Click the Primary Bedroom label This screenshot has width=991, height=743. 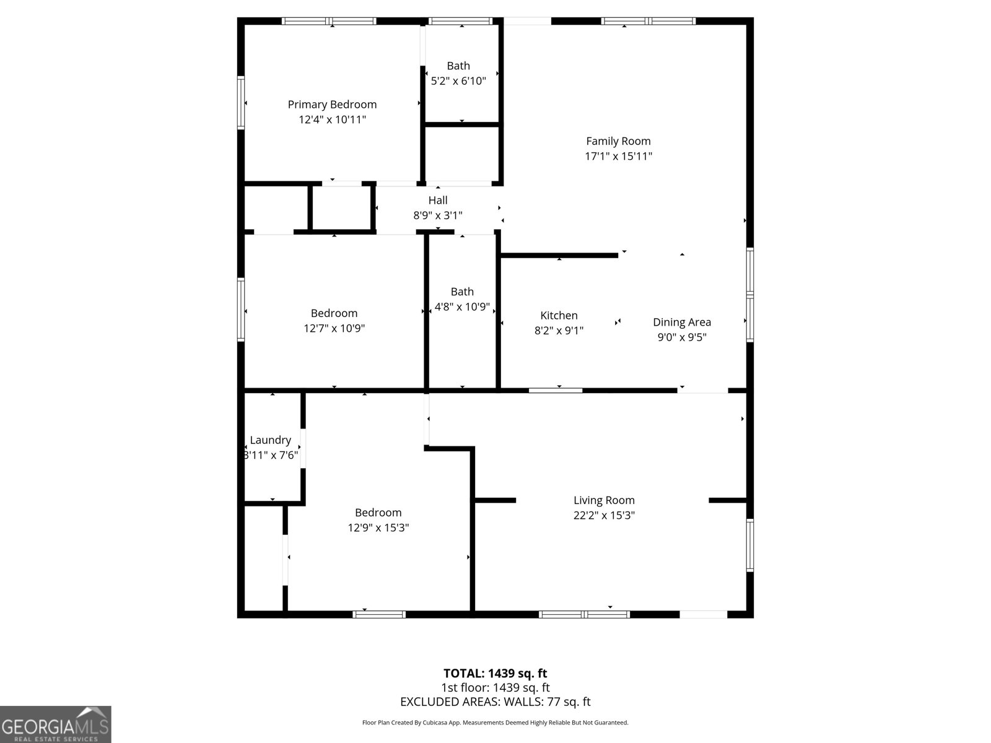coord(332,105)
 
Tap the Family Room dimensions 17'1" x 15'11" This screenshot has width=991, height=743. coord(618,156)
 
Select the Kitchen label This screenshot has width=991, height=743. coord(559,316)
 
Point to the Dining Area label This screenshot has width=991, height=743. coord(681,322)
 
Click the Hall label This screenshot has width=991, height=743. coord(438,200)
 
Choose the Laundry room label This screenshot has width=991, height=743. coord(270,440)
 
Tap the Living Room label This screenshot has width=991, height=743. coord(604,500)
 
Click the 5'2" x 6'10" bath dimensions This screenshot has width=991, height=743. coord(458,80)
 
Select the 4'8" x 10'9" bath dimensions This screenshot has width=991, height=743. coord(462,306)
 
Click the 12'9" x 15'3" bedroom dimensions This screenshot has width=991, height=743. coord(378,528)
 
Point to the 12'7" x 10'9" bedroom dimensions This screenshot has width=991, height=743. coord(334,328)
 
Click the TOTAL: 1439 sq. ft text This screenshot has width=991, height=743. coord(495,673)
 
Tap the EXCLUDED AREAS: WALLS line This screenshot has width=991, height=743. coord(495,702)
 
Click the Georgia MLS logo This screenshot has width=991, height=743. coord(55,724)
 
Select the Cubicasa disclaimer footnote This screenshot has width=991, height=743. coord(495,723)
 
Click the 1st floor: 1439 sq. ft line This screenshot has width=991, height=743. coord(495,687)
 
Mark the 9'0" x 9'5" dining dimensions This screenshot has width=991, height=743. coord(681,337)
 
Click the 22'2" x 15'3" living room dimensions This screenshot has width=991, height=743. coord(604,515)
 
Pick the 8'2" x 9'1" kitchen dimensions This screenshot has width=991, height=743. coord(559,331)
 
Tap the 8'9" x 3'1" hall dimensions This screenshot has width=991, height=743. coord(438,215)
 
